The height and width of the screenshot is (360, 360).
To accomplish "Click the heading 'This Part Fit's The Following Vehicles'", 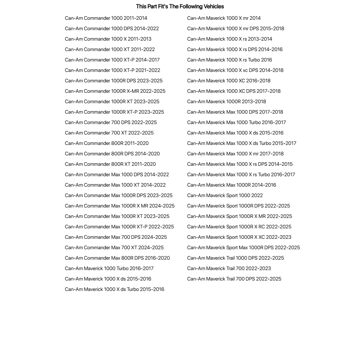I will click(x=180, y=6).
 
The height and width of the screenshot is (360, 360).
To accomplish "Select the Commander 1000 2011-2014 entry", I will click(x=106, y=18).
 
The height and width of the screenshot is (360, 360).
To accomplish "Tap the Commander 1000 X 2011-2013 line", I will click(x=108, y=39).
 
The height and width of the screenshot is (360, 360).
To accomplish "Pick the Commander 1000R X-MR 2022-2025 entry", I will click(x=115, y=91).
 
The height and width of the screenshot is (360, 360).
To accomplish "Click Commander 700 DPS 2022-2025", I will click(x=111, y=122).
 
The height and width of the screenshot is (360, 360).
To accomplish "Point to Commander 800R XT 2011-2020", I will click(x=110, y=164).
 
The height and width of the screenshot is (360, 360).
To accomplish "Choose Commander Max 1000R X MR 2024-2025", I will click(x=119, y=206).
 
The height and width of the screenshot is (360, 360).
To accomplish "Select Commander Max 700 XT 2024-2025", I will click(x=114, y=247).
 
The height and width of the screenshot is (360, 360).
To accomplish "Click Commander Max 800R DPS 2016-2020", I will click(x=117, y=258).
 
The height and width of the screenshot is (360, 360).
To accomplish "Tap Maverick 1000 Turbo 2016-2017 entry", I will click(x=109, y=268).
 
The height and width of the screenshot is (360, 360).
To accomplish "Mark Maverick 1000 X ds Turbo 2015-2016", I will click(x=114, y=289).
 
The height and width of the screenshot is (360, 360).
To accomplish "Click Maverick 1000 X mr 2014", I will click(x=224, y=18).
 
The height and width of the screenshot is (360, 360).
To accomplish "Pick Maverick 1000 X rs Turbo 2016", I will click(x=229, y=60).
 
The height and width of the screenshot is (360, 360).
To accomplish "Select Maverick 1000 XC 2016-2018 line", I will click(x=229, y=81).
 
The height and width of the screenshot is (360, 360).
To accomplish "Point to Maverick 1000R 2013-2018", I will click(x=227, y=101).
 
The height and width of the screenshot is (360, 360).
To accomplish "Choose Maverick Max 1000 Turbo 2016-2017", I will click(x=236, y=122).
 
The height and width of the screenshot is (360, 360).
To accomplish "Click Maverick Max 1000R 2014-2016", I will click(x=232, y=185).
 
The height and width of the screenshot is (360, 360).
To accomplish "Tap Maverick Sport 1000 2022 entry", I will click(x=225, y=195).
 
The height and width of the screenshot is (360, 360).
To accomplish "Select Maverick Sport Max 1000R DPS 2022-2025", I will click(x=243, y=247).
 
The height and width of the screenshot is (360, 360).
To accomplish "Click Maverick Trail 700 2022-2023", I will click(x=229, y=268).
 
